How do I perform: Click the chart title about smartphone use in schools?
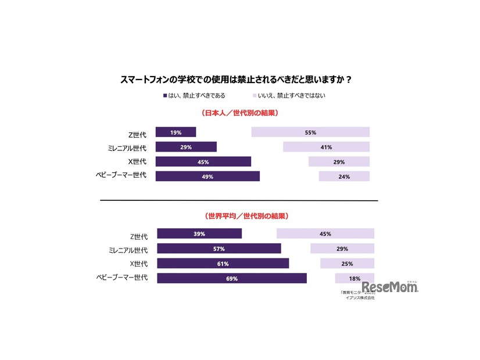[x=240, y=79]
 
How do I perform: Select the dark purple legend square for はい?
[x=165, y=95]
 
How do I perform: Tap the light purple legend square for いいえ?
[x=254, y=95]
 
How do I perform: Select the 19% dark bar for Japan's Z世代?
[x=175, y=132]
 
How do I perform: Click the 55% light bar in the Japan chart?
[x=310, y=132]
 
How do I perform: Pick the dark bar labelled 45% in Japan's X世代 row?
[x=203, y=162]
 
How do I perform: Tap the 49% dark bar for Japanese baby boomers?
[x=207, y=177]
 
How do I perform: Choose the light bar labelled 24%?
[x=344, y=177]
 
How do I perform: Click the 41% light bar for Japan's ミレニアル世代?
[x=326, y=147]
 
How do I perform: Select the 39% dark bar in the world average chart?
[x=199, y=234]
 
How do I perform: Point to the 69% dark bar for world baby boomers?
[x=232, y=278]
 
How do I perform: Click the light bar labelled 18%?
[x=354, y=278]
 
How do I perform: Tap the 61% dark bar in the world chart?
[x=223, y=264]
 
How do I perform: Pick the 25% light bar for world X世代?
[x=347, y=264]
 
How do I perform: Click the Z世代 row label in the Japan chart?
[x=138, y=132]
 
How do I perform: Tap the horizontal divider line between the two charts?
[x=239, y=200]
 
